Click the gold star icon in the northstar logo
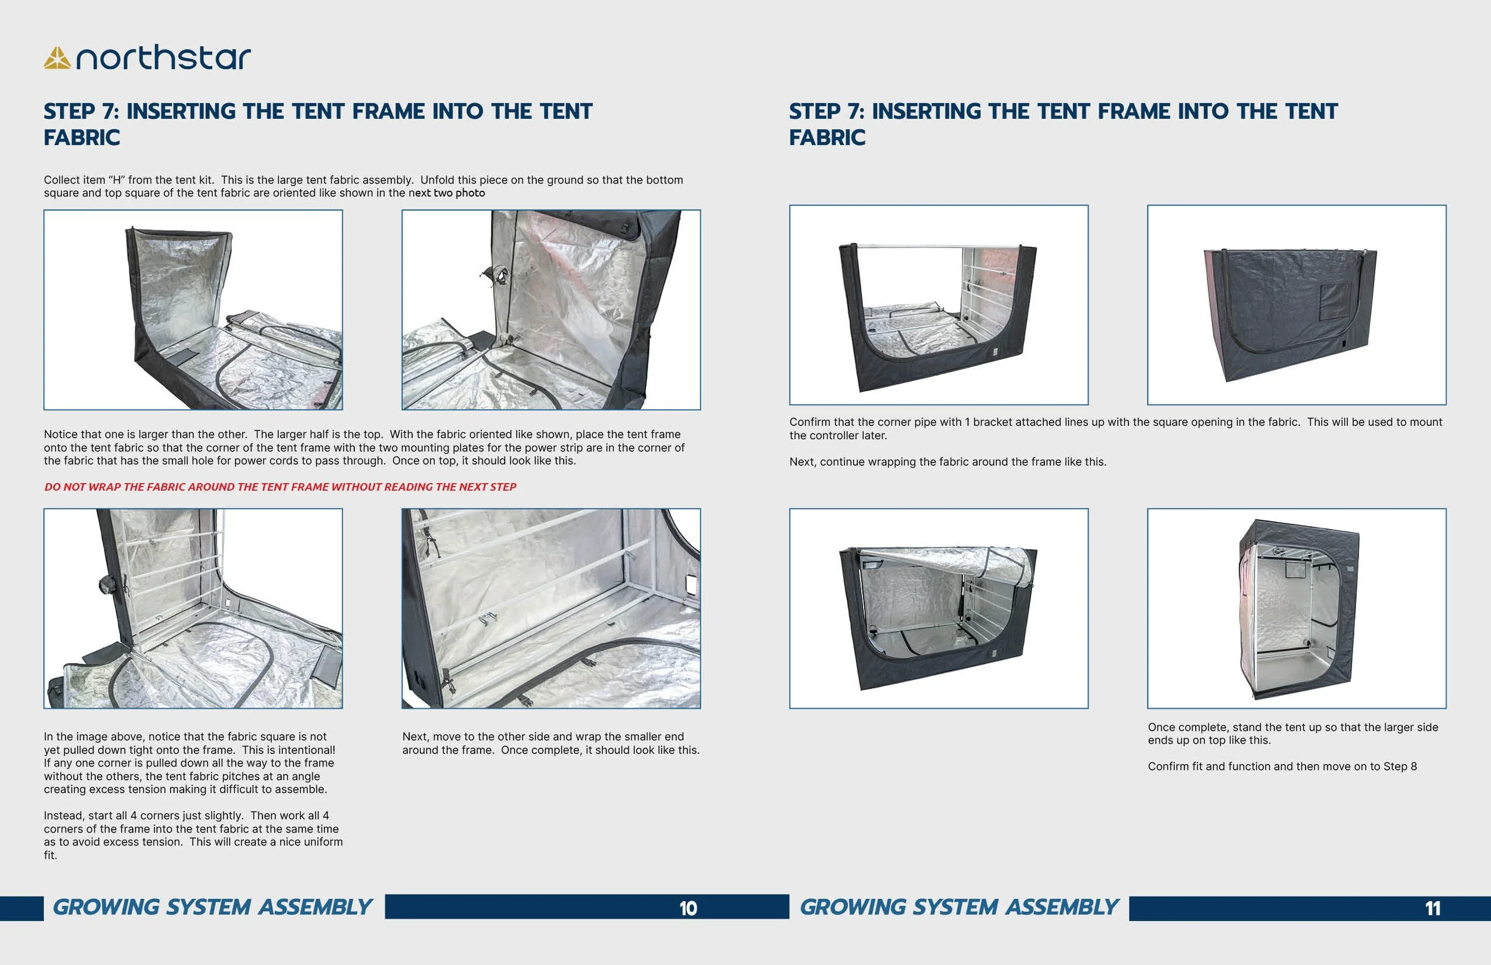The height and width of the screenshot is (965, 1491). pyautogui.click(x=57, y=58)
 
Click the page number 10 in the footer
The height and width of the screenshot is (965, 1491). pyautogui.click(x=688, y=908)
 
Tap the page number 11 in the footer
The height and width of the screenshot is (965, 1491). pyautogui.click(x=1433, y=908)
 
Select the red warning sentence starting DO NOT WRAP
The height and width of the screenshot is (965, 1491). pyautogui.click(x=280, y=487)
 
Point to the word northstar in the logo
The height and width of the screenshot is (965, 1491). pyautogui.click(x=163, y=58)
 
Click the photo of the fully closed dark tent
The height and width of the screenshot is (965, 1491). pyautogui.click(x=1296, y=305)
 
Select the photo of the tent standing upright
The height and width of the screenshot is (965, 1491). pyautogui.click(x=1296, y=608)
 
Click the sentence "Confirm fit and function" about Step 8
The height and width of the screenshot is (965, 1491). pyautogui.click(x=1282, y=766)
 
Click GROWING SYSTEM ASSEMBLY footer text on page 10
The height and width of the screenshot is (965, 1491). pyautogui.click(x=212, y=907)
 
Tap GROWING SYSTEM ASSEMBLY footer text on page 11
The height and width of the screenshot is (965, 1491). pyautogui.click(x=959, y=907)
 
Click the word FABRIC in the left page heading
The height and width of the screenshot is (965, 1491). pyautogui.click(x=82, y=138)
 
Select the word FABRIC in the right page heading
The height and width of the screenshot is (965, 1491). pyautogui.click(x=827, y=138)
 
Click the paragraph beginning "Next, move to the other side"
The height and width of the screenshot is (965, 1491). pyautogui.click(x=550, y=743)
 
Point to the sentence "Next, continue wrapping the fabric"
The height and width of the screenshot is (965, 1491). pyautogui.click(x=947, y=462)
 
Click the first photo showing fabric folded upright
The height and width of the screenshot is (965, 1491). pyautogui.click(x=193, y=310)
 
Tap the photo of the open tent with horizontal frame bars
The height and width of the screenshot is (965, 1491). pyautogui.click(x=939, y=305)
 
